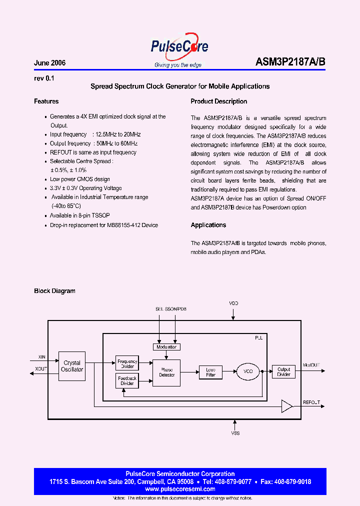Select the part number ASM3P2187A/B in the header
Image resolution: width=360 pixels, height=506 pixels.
click(290, 62)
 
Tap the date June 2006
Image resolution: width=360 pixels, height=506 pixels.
click(49, 63)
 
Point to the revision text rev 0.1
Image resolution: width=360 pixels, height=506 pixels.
click(44, 78)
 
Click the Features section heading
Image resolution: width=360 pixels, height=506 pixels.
click(46, 101)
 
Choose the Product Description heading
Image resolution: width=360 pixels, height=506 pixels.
click(218, 101)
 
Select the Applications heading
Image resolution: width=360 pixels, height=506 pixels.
click(208, 225)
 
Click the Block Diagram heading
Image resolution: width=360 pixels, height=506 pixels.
click(54, 291)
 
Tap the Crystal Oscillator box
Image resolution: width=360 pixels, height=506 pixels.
click(72, 366)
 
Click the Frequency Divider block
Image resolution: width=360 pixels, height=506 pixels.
click(127, 363)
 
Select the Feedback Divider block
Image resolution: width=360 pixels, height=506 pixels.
click(127, 381)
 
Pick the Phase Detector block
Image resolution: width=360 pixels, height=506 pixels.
click(166, 372)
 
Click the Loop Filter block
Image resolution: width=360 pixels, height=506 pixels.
click(210, 372)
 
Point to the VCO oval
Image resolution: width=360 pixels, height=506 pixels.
click(248, 371)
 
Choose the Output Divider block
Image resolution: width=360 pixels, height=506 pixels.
click(283, 372)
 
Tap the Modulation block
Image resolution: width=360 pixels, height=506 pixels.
click(166, 346)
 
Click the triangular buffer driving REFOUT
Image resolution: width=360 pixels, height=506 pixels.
click(286, 406)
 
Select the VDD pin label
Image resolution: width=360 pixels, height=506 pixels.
click(233, 303)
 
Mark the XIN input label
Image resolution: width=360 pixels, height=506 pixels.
click(42, 357)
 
